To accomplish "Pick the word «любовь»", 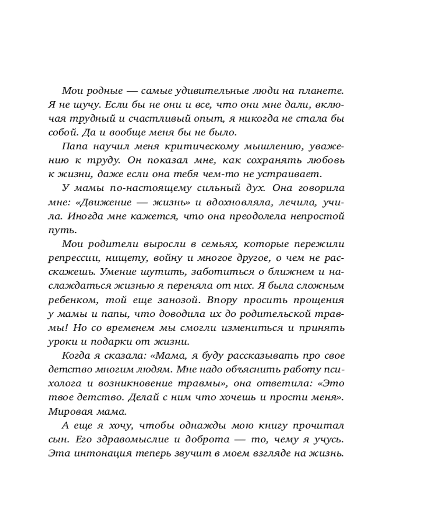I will (x=323, y=160).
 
